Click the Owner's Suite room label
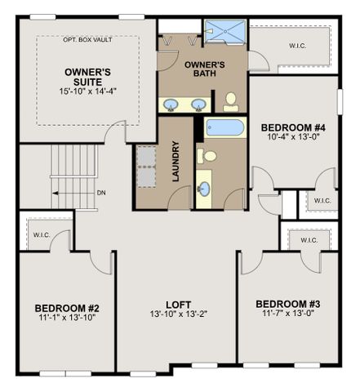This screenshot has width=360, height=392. pos(87,77)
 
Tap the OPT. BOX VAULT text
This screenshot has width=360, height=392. pos(87,40)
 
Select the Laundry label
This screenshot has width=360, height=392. pos(176,161)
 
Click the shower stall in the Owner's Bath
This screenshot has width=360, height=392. pos(225,32)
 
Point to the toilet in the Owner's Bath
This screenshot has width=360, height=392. pos(231,102)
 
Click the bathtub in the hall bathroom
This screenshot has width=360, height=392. pos(224,127)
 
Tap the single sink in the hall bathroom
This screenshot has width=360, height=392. pos(204,189)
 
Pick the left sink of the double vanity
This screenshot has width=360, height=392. pos(171,105)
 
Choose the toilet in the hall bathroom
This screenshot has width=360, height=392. pos(207,156)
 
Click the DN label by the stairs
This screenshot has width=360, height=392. pos(101,193)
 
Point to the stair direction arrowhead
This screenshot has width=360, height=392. pos(56,194)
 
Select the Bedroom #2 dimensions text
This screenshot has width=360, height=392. pos(67,317)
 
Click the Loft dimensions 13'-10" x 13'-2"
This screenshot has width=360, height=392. pos(179,314)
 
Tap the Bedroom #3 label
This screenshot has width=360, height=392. pos(288,304)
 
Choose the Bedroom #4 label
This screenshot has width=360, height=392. pos(293,127)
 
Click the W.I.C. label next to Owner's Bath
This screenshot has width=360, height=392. pos(298,46)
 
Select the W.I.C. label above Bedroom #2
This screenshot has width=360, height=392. pos(42,234)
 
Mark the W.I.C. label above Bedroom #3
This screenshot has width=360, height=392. pos(309,240)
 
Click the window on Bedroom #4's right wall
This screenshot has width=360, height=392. pos(340,101)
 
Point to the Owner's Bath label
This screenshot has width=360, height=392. pos(205,69)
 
